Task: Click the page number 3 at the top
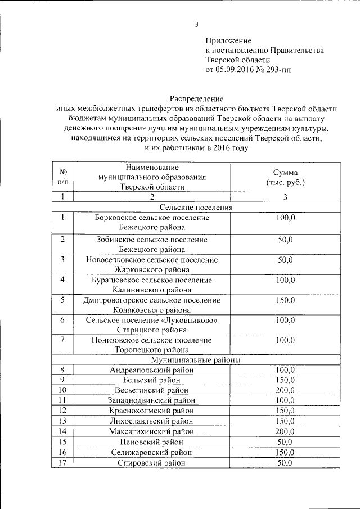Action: pyautogui.click(x=197, y=24)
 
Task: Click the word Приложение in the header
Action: pyautogui.click(x=228, y=40)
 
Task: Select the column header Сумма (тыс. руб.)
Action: pyautogui.click(x=285, y=178)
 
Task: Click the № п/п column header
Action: pyautogui.click(x=63, y=178)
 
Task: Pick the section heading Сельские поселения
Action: pyautogui.click(x=196, y=208)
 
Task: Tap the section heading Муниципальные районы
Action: pyautogui.click(x=196, y=359)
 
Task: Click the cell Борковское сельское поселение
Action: pyautogui.click(x=152, y=218)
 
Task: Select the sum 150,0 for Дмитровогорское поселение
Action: pyautogui.click(x=285, y=300)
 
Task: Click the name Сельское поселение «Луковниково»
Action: pyautogui.click(x=152, y=320)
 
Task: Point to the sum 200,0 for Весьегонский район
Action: pyautogui.click(x=285, y=390)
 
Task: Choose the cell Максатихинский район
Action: pyautogui.click(x=152, y=431)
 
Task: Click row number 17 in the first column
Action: pyautogui.click(x=63, y=463)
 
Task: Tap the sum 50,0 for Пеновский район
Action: pyautogui.click(x=285, y=442)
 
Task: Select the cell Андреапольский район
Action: pyautogui.click(x=152, y=370)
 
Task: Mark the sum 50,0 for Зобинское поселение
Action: pyautogui.click(x=285, y=240)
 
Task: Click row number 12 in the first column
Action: pyautogui.click(x=63, y=411)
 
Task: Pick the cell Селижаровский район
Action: pyautogui.click(x=152, y=452)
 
